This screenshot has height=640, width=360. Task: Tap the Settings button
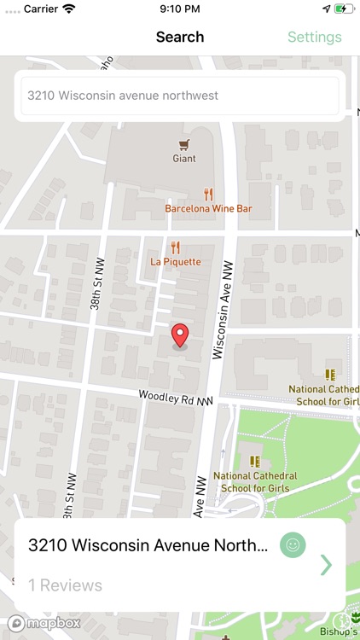(x=314, y=37)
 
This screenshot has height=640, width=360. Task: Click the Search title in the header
(x=180, y=37)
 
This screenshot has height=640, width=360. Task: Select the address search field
(x=180, y=96)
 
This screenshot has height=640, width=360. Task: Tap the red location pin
(x=180, y=335)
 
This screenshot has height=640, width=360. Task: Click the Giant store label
(x=184, y=158)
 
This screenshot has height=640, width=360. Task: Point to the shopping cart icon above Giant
(x=184, y=144)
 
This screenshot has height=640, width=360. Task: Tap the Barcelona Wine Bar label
(x=208, y=207)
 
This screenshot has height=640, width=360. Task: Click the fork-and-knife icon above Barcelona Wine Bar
(x=208, y=194)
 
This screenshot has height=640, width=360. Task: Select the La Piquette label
(x=176, y=261)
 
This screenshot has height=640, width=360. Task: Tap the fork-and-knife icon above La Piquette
(x=176, y=247)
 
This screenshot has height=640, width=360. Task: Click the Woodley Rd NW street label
(x=177, y=398)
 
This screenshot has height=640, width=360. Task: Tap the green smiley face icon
(x=293, y=545)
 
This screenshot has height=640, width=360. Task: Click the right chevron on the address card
(x=326, y=565)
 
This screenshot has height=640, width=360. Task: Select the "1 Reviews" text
(x=65, y=585)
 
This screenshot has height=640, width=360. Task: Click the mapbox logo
(x=44, y=623)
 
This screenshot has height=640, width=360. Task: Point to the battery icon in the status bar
(x=344, y=9)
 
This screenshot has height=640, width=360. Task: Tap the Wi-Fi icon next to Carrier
(x=68, y=9)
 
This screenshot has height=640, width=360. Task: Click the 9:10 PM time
(x=180, y=9)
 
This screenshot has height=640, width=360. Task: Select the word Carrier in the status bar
(x=39, y=9)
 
